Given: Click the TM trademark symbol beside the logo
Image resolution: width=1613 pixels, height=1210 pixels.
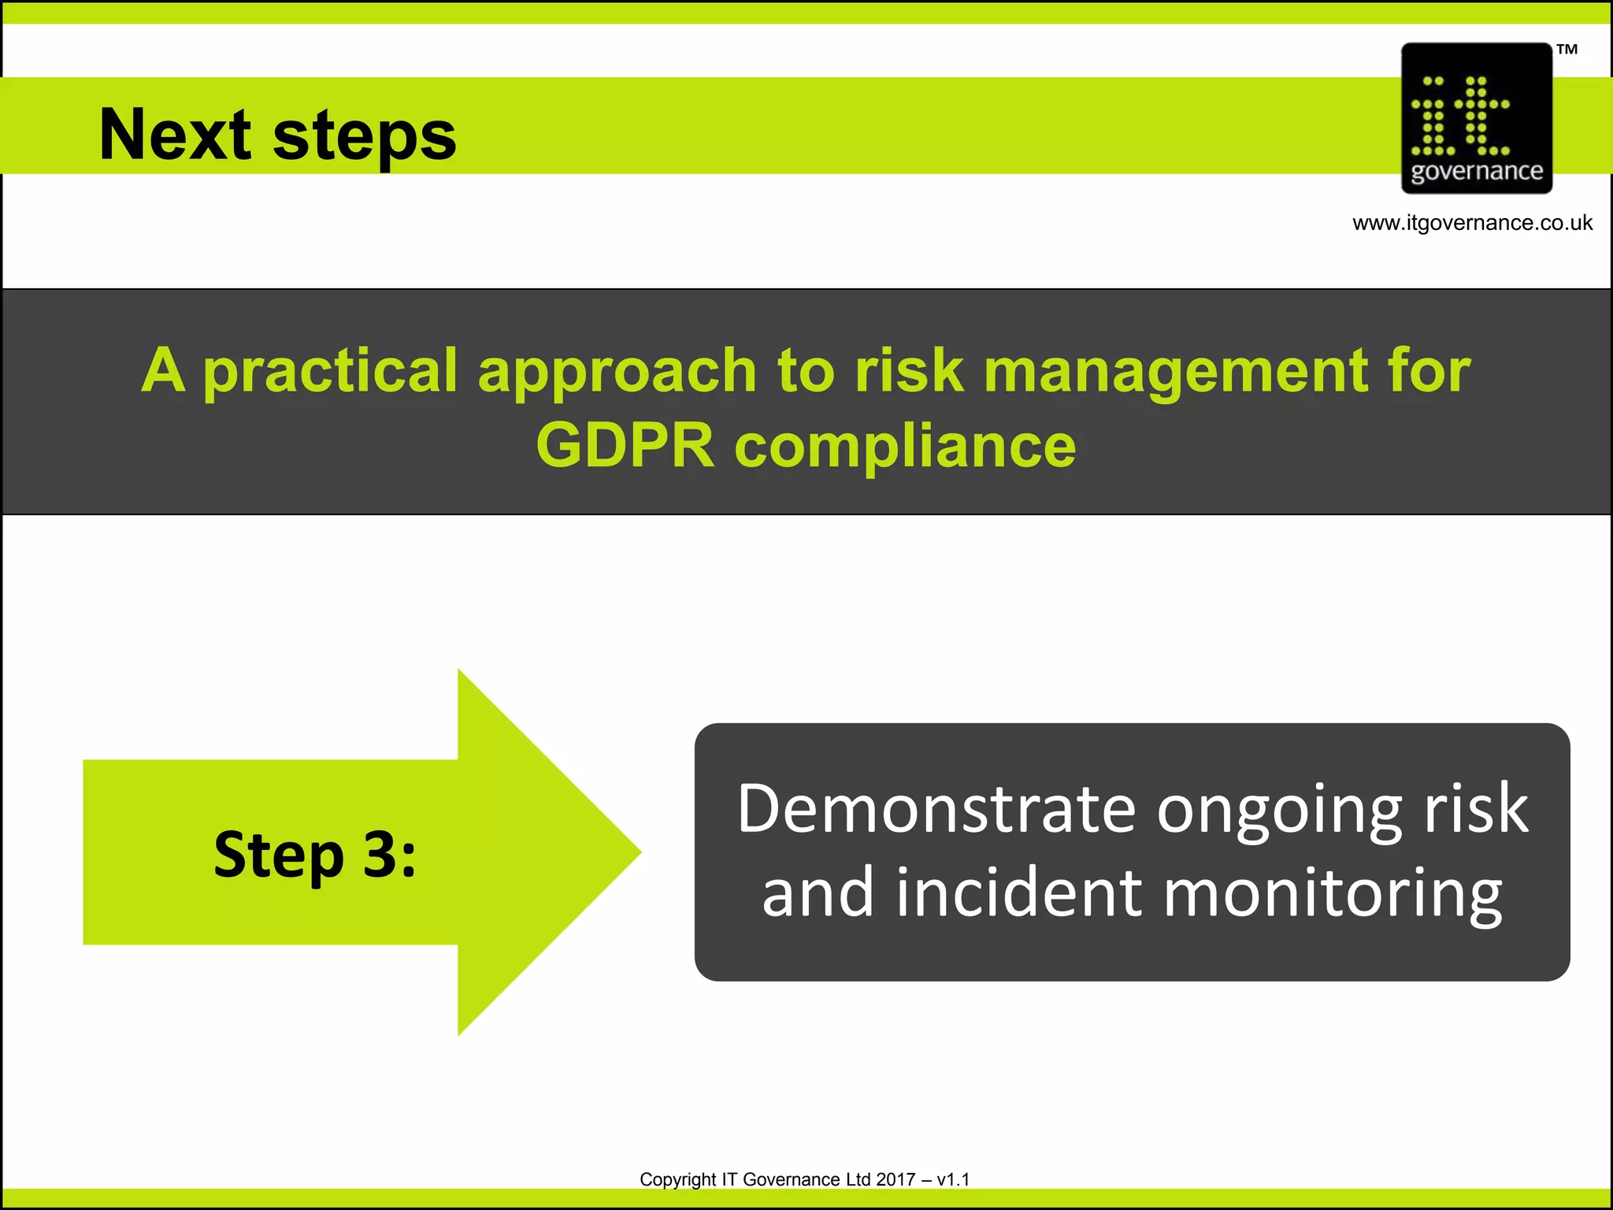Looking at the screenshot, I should coord(1567,50).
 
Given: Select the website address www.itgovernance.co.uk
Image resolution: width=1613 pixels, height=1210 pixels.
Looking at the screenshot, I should coord(1472,223).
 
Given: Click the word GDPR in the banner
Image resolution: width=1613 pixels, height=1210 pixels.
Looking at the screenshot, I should coord(625,446).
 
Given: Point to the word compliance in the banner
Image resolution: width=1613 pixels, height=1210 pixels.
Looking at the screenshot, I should coord(905,446).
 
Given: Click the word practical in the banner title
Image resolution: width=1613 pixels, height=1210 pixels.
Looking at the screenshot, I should coord(330,370).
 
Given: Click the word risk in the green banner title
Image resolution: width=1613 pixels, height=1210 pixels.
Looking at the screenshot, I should coord(909,370).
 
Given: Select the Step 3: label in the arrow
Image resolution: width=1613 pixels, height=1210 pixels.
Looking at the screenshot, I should coord(314,854).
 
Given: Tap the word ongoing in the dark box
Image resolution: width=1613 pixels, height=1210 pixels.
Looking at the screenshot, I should coord(1279,811).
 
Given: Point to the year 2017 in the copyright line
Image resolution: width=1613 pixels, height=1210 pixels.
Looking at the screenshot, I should coord(895,1179).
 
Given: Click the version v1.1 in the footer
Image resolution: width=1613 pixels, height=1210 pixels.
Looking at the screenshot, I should coord(953,1179).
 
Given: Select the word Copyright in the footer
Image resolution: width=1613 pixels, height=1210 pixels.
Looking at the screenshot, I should coord(677,1179).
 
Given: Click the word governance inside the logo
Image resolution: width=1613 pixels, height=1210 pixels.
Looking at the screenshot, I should coord(1476,171).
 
